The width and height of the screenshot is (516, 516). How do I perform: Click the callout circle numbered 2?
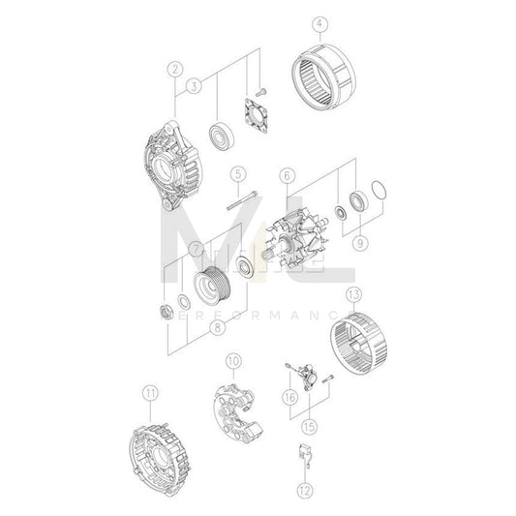174,68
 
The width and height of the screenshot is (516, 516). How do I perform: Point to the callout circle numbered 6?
287,175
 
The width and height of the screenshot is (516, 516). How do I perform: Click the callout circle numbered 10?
232,362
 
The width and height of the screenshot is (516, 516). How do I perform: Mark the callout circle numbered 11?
149,392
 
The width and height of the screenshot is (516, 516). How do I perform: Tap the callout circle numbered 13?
354,293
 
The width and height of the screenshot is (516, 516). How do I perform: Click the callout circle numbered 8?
219,327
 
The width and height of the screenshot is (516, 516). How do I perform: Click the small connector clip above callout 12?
303,454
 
